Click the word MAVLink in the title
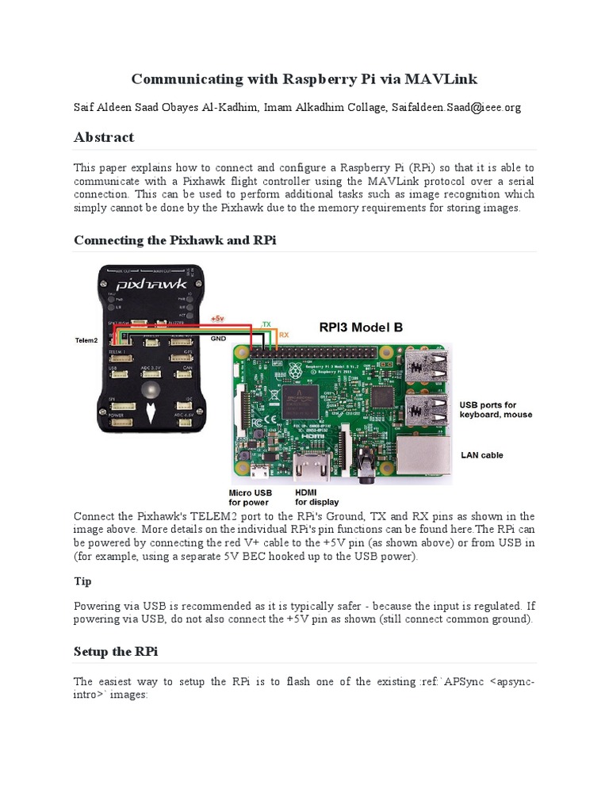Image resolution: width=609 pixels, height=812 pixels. click(440, 79)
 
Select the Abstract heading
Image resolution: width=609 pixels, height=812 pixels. click(104, 137)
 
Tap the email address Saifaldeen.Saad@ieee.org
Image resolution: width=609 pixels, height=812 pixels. click(456, 107)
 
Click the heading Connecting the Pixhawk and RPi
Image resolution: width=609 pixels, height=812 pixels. click(174, 239)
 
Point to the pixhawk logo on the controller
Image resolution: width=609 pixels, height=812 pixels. click(152, 284)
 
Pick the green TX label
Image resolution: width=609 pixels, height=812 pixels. click(266, 324)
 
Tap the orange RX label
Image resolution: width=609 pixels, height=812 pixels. click(283, 335)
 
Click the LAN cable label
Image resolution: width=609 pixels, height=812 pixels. click(481, 455)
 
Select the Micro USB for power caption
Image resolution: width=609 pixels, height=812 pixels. click(250, 497)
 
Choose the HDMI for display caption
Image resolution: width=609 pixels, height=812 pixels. click(316, 497)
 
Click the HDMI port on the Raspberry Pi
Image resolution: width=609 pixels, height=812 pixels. click(308, 469)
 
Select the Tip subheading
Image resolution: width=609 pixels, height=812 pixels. click(82, 581)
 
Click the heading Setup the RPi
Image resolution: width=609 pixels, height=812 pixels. click(116, 651)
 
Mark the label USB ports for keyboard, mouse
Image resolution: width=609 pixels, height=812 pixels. click(496, 410)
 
